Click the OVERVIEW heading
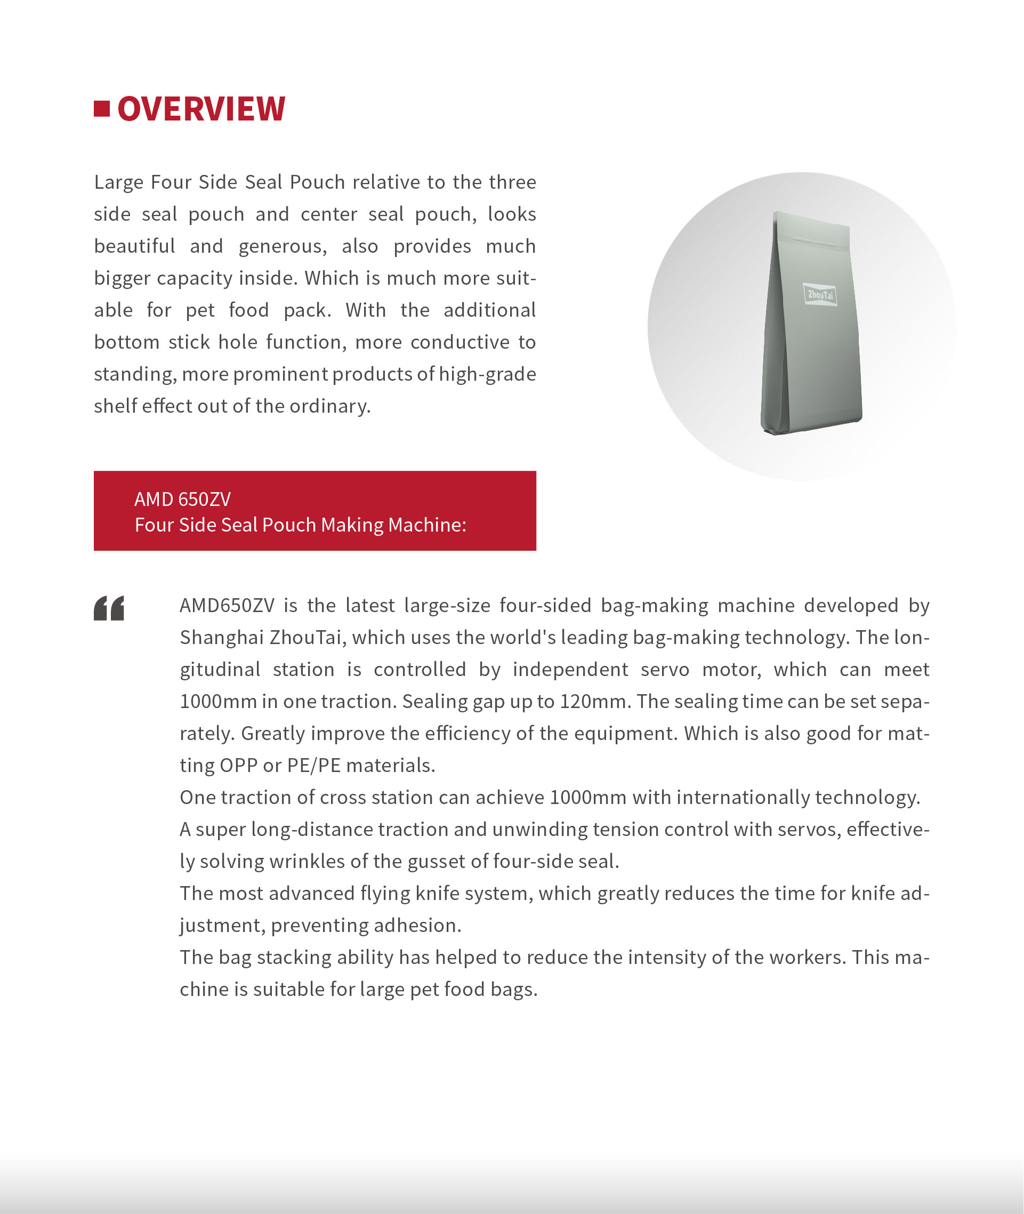coord(201,109)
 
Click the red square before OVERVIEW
coord(102,109)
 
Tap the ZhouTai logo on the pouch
coord(820,295)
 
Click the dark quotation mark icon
coord(109,608)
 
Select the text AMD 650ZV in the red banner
coord(182,499)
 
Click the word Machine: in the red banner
coord(428,525)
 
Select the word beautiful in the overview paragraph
coord(135,246)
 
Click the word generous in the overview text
coord(282,246)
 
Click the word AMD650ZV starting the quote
coord(227,606)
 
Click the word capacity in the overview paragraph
coord(195,278)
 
